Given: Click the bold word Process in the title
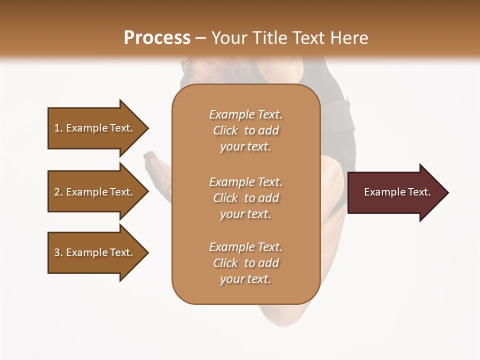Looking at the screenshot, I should (x=157, y=38).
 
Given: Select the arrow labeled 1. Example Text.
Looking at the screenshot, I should (x=95, y=128).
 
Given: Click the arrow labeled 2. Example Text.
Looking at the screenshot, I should (x=95, y=192).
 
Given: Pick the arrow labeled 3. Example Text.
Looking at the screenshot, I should (x=95, y=252).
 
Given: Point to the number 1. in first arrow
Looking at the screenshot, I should (x=59, y=128).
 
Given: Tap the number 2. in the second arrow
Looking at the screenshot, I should (x=59, y=192).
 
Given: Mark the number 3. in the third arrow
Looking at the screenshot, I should (x=59, y=252).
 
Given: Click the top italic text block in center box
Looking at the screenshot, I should (x=245, y=130).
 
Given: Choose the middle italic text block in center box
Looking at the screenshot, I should (x=245, y=198).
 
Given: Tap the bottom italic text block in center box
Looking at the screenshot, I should (x=245, y=263).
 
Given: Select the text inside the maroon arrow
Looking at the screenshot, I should (x=397, y=192).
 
